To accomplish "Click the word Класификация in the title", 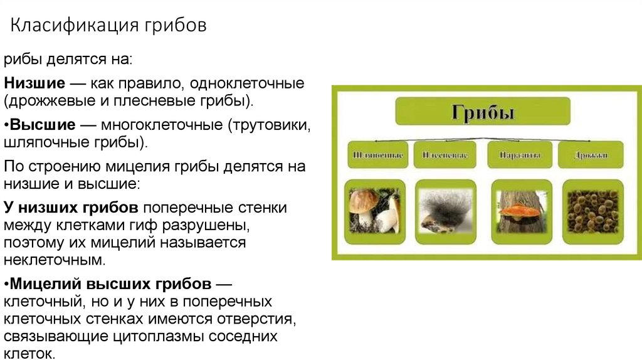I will point(75,27).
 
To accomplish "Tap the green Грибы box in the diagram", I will point(483,114).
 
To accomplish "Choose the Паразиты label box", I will point(518,154).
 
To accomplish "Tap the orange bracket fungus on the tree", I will point(519,210).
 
